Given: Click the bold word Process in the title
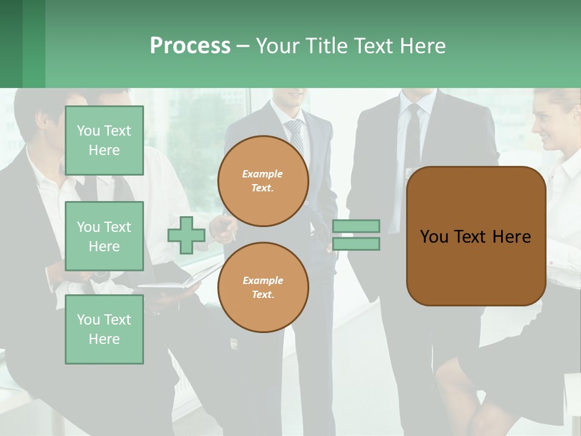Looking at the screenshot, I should click(190, 46).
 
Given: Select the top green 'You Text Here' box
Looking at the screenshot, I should click(104, 140).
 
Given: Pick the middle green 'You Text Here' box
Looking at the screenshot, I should click(104, 236).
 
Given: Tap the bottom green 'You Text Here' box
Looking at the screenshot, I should click(104, 329).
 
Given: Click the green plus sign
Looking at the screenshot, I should click(186, 235).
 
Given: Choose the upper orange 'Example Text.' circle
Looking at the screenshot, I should click(263, 181).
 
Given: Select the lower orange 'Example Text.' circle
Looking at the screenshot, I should click(263, 288).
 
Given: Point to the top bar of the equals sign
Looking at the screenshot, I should click(356, 226).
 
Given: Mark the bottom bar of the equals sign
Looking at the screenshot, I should click(356, 243).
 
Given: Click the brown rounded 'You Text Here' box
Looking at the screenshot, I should click(476, 236).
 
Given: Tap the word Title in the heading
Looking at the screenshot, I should click(329, 46).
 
